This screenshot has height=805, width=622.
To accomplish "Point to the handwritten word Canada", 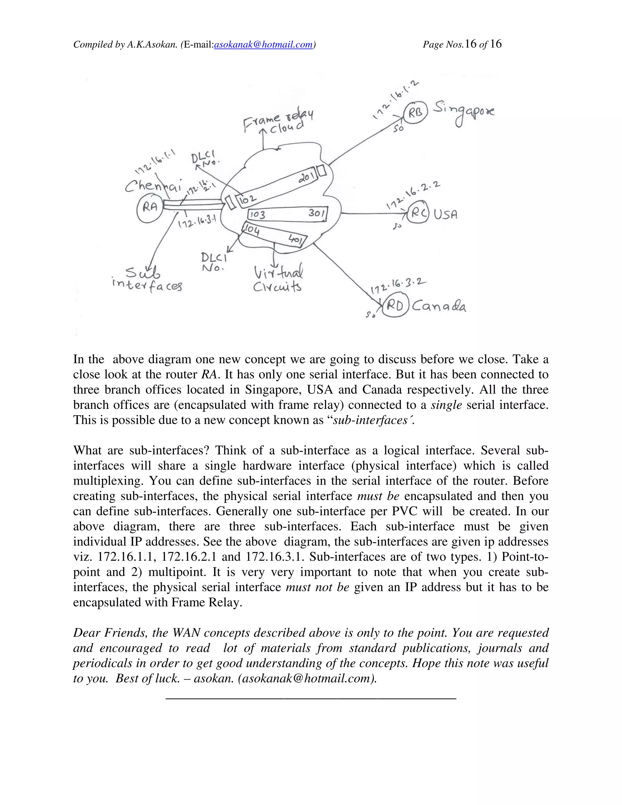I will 439,306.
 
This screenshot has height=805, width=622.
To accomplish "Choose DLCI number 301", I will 316,213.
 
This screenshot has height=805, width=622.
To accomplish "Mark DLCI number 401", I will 295,240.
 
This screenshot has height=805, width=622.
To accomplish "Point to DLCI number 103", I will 257,214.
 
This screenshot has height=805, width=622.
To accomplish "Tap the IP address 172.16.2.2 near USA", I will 413,194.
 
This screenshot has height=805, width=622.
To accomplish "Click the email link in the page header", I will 263,45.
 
